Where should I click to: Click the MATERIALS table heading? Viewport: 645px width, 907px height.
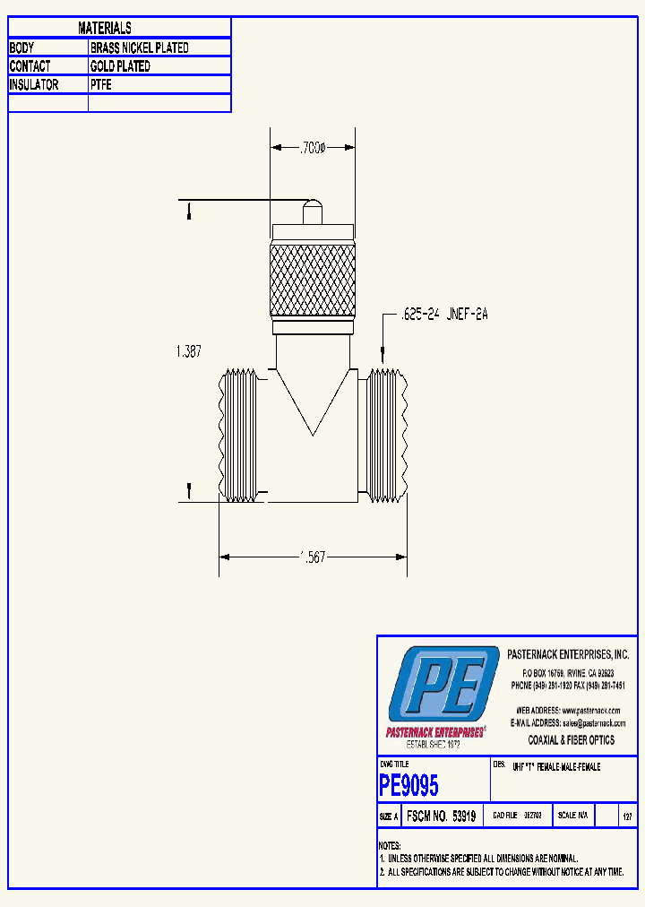(x=105, y=29)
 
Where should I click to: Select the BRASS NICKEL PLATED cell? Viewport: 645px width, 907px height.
(x=140, y=48)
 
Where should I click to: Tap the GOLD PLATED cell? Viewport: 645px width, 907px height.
(x=120, y=66)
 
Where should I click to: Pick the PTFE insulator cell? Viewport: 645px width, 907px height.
(x=101, y=85)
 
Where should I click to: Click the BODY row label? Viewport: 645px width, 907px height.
(x=23, y=48)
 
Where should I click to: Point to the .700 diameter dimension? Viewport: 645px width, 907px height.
(x=313, y=147)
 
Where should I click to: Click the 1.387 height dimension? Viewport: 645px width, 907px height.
(x=190, y=353)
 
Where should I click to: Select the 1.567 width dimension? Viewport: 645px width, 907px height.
(x=312, y=557)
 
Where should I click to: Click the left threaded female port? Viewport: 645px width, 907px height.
(x=238, y=435)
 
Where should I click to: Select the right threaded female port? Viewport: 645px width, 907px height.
(x=388, y=435)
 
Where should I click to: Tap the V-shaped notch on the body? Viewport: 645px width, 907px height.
(x=313, y=403)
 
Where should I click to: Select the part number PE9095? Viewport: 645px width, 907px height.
(x=409, y=786)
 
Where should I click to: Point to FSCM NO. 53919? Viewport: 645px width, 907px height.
(x=441, y=816)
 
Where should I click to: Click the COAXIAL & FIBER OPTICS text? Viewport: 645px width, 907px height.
(x=572, y=740)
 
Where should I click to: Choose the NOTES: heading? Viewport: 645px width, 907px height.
(x=390, y=846)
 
